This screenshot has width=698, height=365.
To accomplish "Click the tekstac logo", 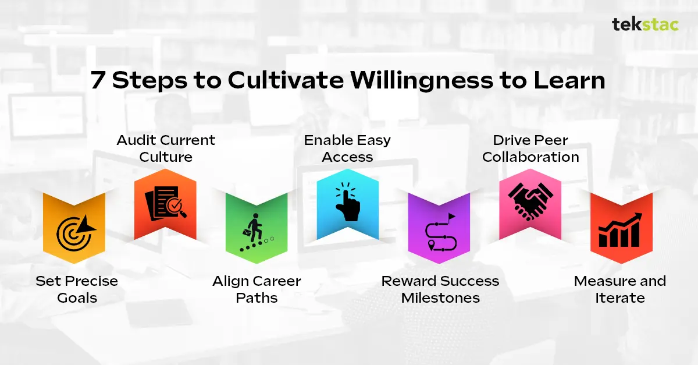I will tap(644, 25).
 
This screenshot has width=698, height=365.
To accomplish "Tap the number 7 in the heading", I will tap(98, 80).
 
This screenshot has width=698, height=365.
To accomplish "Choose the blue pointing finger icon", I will tap(347, 205).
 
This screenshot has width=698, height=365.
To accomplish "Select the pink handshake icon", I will tap(530, 205).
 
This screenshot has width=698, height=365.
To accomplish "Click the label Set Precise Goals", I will tap(77, 289).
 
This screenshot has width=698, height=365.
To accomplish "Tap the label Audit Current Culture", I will tap(166, 148).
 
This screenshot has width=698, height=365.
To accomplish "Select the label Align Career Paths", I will tap(257, 289).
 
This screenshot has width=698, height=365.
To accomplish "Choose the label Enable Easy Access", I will tap(347, 148).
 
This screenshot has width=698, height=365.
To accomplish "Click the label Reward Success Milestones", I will tap(440, 289).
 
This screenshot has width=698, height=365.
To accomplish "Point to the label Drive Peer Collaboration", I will tap(530, 148).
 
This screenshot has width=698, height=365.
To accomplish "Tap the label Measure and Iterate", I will tap(620, 289).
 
